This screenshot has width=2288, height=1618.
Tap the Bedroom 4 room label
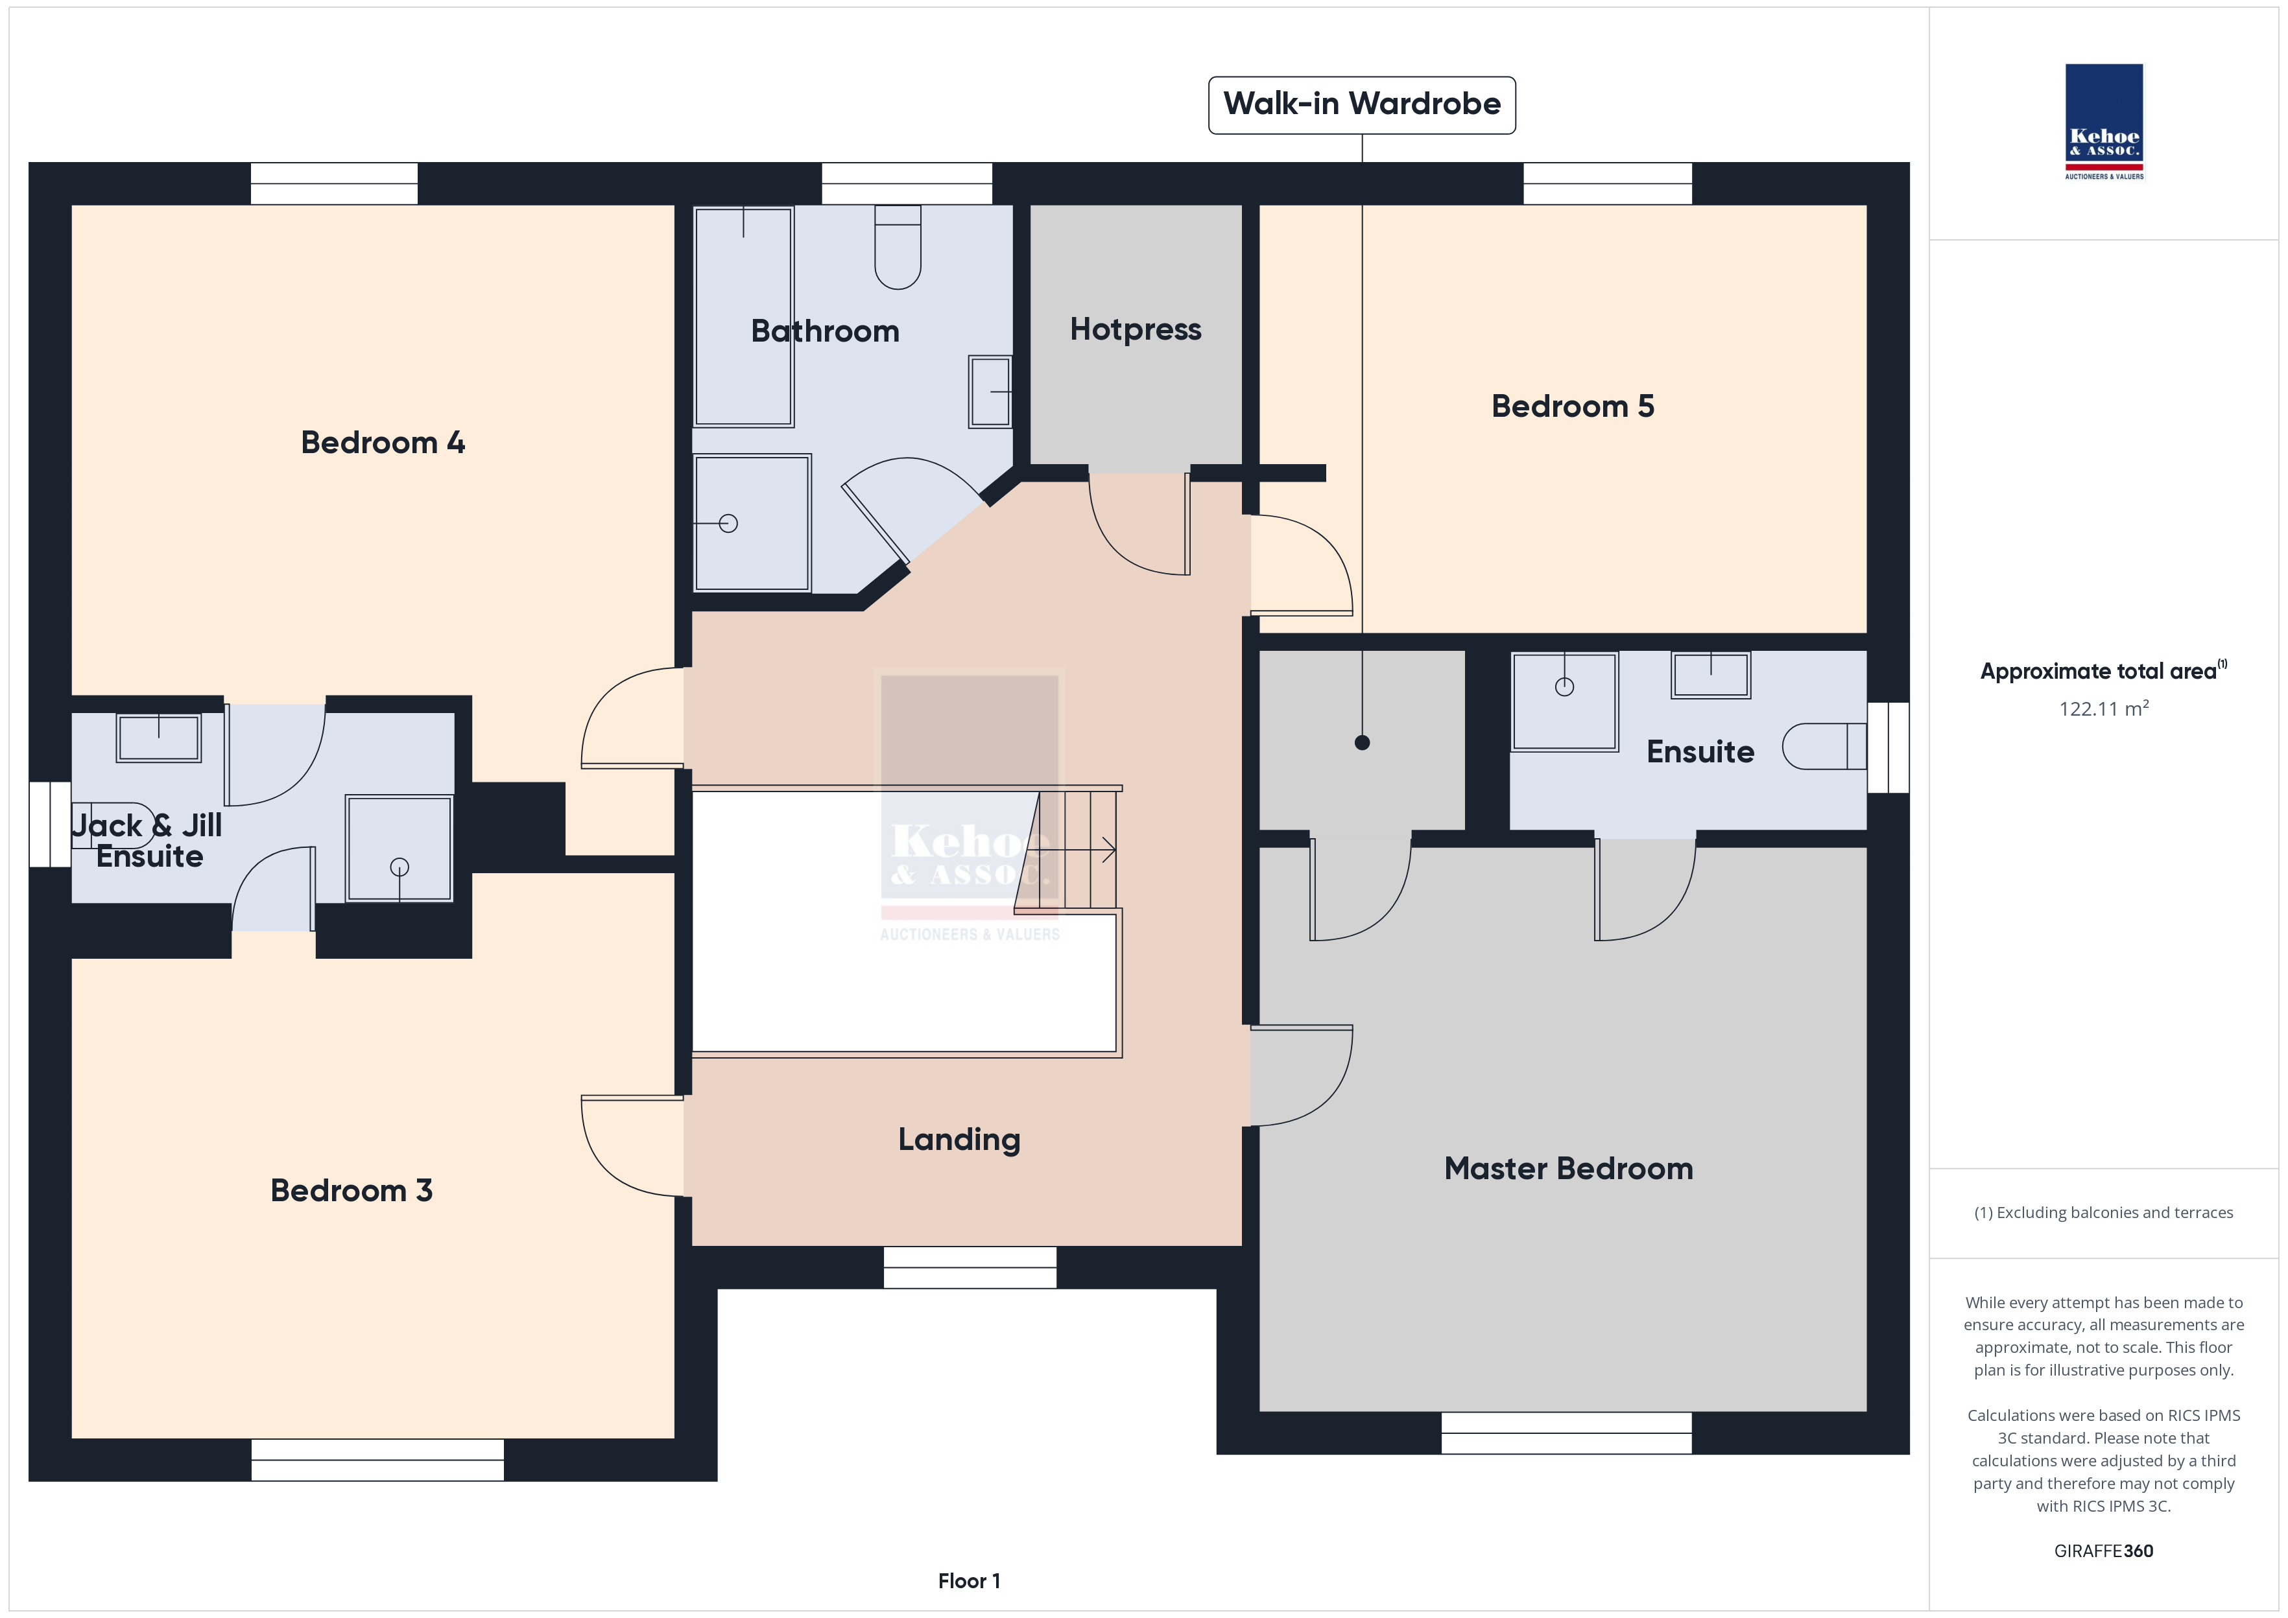coord(383,442)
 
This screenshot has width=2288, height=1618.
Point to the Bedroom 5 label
coord(1573,406)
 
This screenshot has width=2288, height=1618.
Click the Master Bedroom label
coord(1569,1169)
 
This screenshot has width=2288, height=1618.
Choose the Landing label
coord(959,1140)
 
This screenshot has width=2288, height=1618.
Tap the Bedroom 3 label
coord(352,1191)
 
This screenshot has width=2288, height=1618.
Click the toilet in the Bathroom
coord(897,247)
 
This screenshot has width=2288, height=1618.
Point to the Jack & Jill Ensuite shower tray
coord(399,849)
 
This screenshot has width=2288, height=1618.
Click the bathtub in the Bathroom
coord(743,317)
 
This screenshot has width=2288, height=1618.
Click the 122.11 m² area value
coord(2104,709)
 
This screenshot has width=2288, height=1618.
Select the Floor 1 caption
coord(969,1581)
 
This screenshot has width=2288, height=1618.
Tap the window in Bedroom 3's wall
coord(377,1460)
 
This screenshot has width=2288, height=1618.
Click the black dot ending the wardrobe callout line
coord(1363,742)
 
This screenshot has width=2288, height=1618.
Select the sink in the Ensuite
coord(1711,675)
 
